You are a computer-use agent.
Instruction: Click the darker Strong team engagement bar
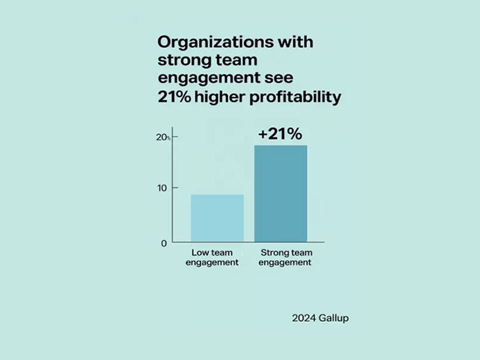(x=281, y=194)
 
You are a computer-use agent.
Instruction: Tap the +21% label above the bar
(x=280, y=134)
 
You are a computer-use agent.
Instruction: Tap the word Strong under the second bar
(x=271, y=253)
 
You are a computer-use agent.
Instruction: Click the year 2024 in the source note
(x=302, y=318)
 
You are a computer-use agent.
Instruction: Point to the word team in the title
(x=239, y=61)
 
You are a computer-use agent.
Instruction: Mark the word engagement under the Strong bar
(x=285, y=263)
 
